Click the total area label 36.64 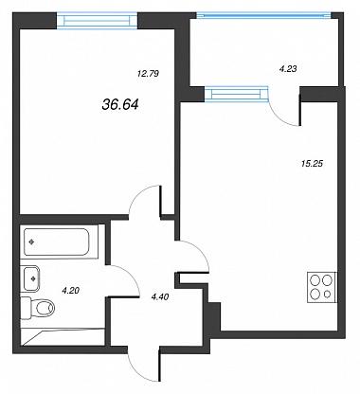[120, 104]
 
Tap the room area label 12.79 [148, 74]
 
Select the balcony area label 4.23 [288, 68]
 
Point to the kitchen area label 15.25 [312, 164]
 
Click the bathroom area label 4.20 [70, 291]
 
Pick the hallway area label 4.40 [160, 296]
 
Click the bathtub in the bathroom [57, 242]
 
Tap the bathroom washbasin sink [31, 278]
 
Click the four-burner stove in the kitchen [322, 287]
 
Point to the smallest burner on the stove [328, 295]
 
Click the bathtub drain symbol [31, 242]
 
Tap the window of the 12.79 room [97, 21]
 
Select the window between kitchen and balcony [237, 94]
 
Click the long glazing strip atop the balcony [264, 14]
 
